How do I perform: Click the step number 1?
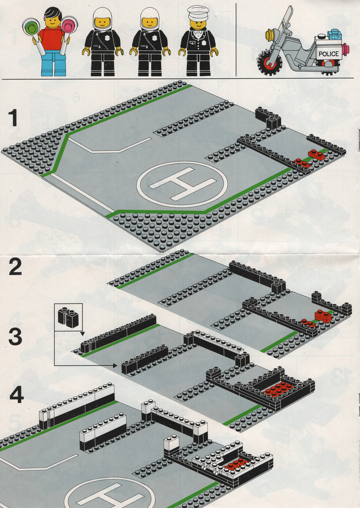pos(13,118)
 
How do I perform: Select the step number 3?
pos(15,337)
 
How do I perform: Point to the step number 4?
pos(16,396)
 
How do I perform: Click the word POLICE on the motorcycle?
pos(328,54)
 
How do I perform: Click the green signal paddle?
pos(31,27)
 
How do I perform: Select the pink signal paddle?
pos(70,24)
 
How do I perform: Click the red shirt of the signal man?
pos(52,39)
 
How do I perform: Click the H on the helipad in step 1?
pos(182,183)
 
